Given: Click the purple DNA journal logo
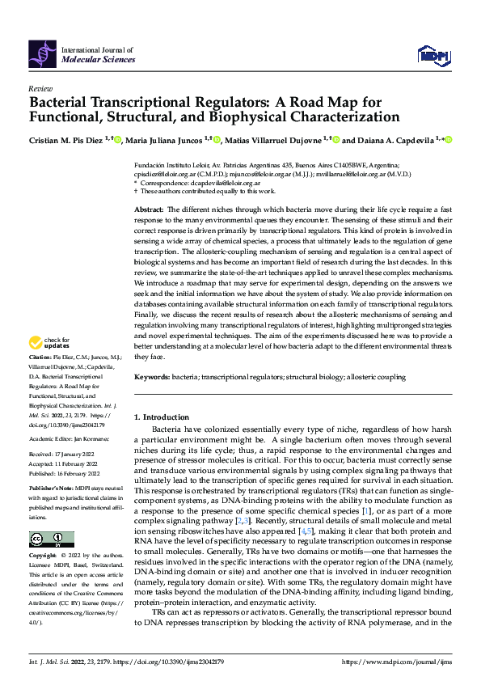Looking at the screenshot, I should [42, 53].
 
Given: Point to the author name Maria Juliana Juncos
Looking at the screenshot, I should [164, 140].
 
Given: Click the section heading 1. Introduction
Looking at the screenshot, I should [161, 417].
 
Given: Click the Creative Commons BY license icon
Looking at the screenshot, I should [51, 539].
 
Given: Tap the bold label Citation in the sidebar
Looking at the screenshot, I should [40, 379].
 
